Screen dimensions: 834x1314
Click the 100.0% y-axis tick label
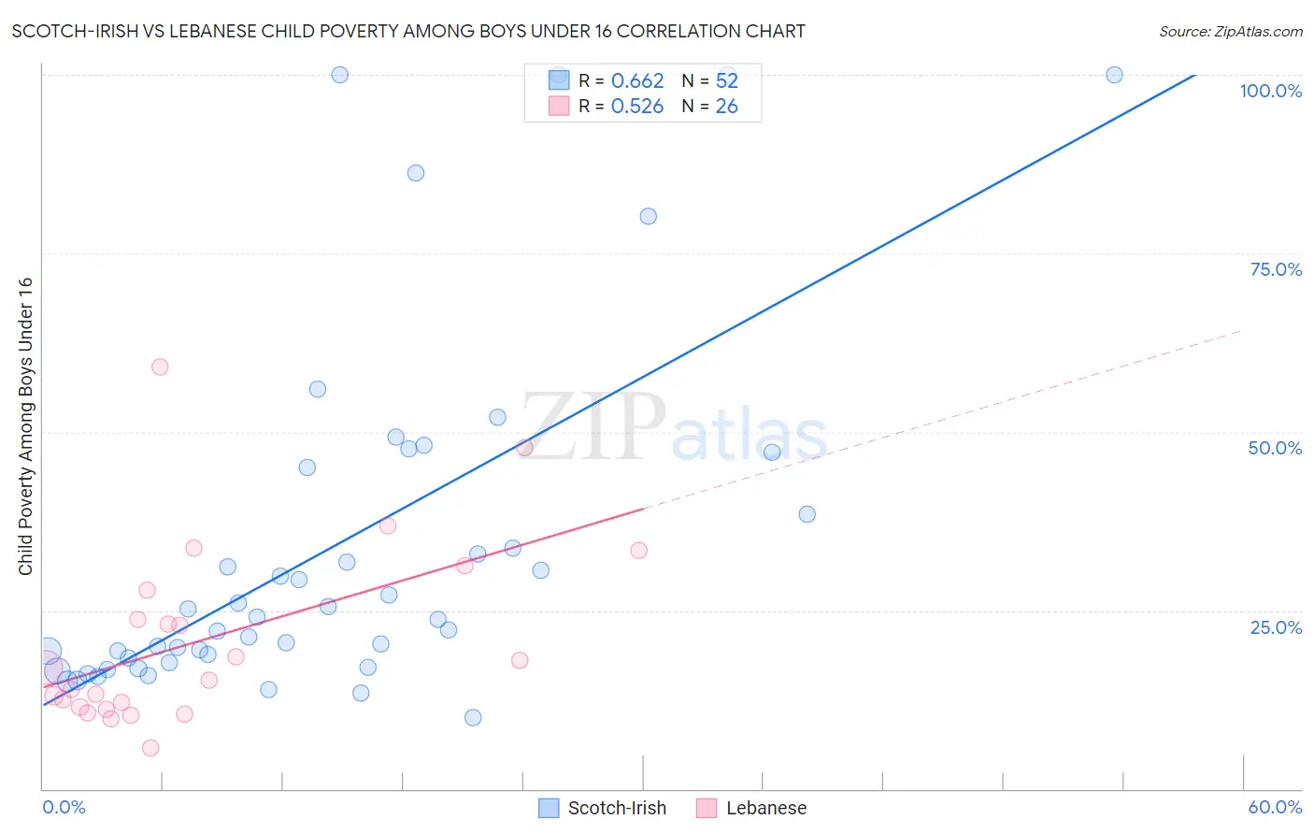1270,91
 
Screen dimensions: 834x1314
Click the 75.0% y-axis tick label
1276,269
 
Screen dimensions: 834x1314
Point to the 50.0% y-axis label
1275,448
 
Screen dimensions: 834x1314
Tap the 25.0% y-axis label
1276,626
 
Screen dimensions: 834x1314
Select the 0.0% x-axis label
64,807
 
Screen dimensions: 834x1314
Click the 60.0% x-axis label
1275,807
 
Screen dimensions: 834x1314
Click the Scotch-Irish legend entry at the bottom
603,808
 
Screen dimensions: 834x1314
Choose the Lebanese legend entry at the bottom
751,808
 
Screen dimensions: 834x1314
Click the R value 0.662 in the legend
637,81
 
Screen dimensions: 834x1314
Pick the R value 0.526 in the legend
637,107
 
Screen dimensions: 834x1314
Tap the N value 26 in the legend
726,107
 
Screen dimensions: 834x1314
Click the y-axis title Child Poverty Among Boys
26,426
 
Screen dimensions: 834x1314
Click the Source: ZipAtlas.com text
1230,32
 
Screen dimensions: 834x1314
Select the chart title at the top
408,32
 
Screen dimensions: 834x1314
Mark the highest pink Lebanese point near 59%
160,367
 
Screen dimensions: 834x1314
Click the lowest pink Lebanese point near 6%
150,748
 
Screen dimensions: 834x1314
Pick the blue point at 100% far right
1114,75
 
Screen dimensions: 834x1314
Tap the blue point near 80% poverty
648,216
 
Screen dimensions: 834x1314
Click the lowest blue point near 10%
473,718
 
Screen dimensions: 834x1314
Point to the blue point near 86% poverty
416,173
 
